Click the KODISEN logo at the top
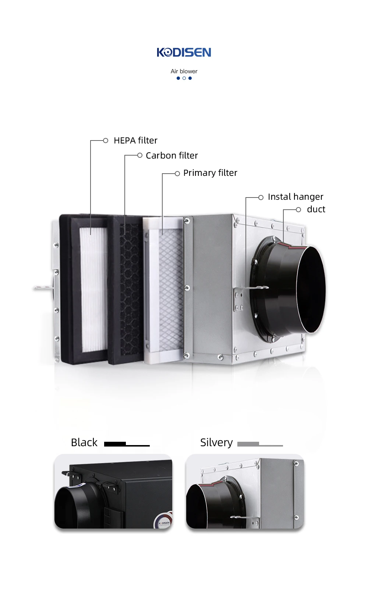tap(184, 52)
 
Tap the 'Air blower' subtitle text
tap(184, 71)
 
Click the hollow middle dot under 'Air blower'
tap(184, 78)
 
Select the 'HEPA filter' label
tap(135, 141)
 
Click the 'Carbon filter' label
tap(172, 155)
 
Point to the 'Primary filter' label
tap(210, 173)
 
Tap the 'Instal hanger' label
tap(296, 197)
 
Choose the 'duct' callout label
tap(316, 209)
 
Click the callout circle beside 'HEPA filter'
tap(106, 141)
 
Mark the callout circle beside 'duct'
tap(298, 210)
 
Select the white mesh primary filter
tap(171, 290)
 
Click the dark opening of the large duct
tap(311, 290)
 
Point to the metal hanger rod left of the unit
tap(43, 288)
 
